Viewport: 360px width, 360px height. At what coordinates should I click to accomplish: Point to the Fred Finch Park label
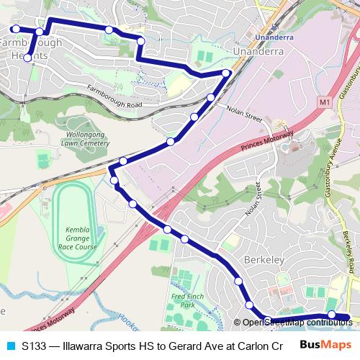(x=184, y=301)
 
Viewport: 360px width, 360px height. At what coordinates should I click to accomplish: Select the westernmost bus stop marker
(x=14, y=29)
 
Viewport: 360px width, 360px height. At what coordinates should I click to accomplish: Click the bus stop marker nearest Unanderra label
(x=227, y=72)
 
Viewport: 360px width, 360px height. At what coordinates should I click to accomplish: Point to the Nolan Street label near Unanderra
(x=243, y=114)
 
